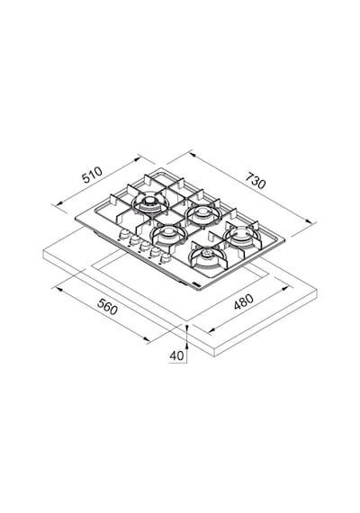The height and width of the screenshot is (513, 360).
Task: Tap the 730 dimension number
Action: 256,180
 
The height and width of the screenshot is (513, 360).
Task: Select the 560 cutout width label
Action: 107,307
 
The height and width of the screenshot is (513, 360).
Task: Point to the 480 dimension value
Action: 244,301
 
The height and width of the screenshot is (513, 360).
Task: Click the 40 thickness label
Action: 176,355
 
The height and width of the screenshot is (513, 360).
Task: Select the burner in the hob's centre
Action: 167,234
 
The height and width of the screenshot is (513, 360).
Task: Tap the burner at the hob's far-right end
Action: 240,235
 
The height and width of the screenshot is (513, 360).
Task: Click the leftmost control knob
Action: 124,234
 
